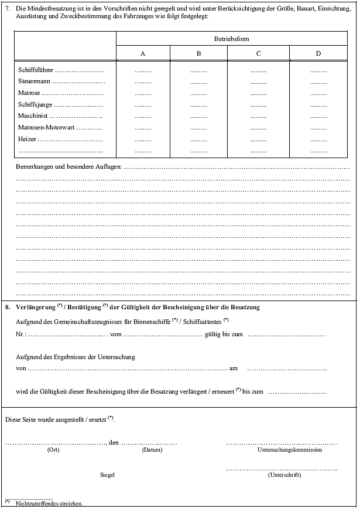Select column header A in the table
[143, 54]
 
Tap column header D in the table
[318, 54]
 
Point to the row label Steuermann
[35, 82]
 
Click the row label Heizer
[28, 139]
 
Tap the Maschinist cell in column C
[258, 116]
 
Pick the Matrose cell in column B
[198, 94]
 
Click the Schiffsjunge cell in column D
[318, 105]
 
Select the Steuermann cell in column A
[143, 82]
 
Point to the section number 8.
[7, 307]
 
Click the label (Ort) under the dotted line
[53, 450]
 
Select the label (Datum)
[152, 450]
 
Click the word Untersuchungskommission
[289, 450]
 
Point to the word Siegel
[107, 475]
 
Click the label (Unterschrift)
[284, 475]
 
